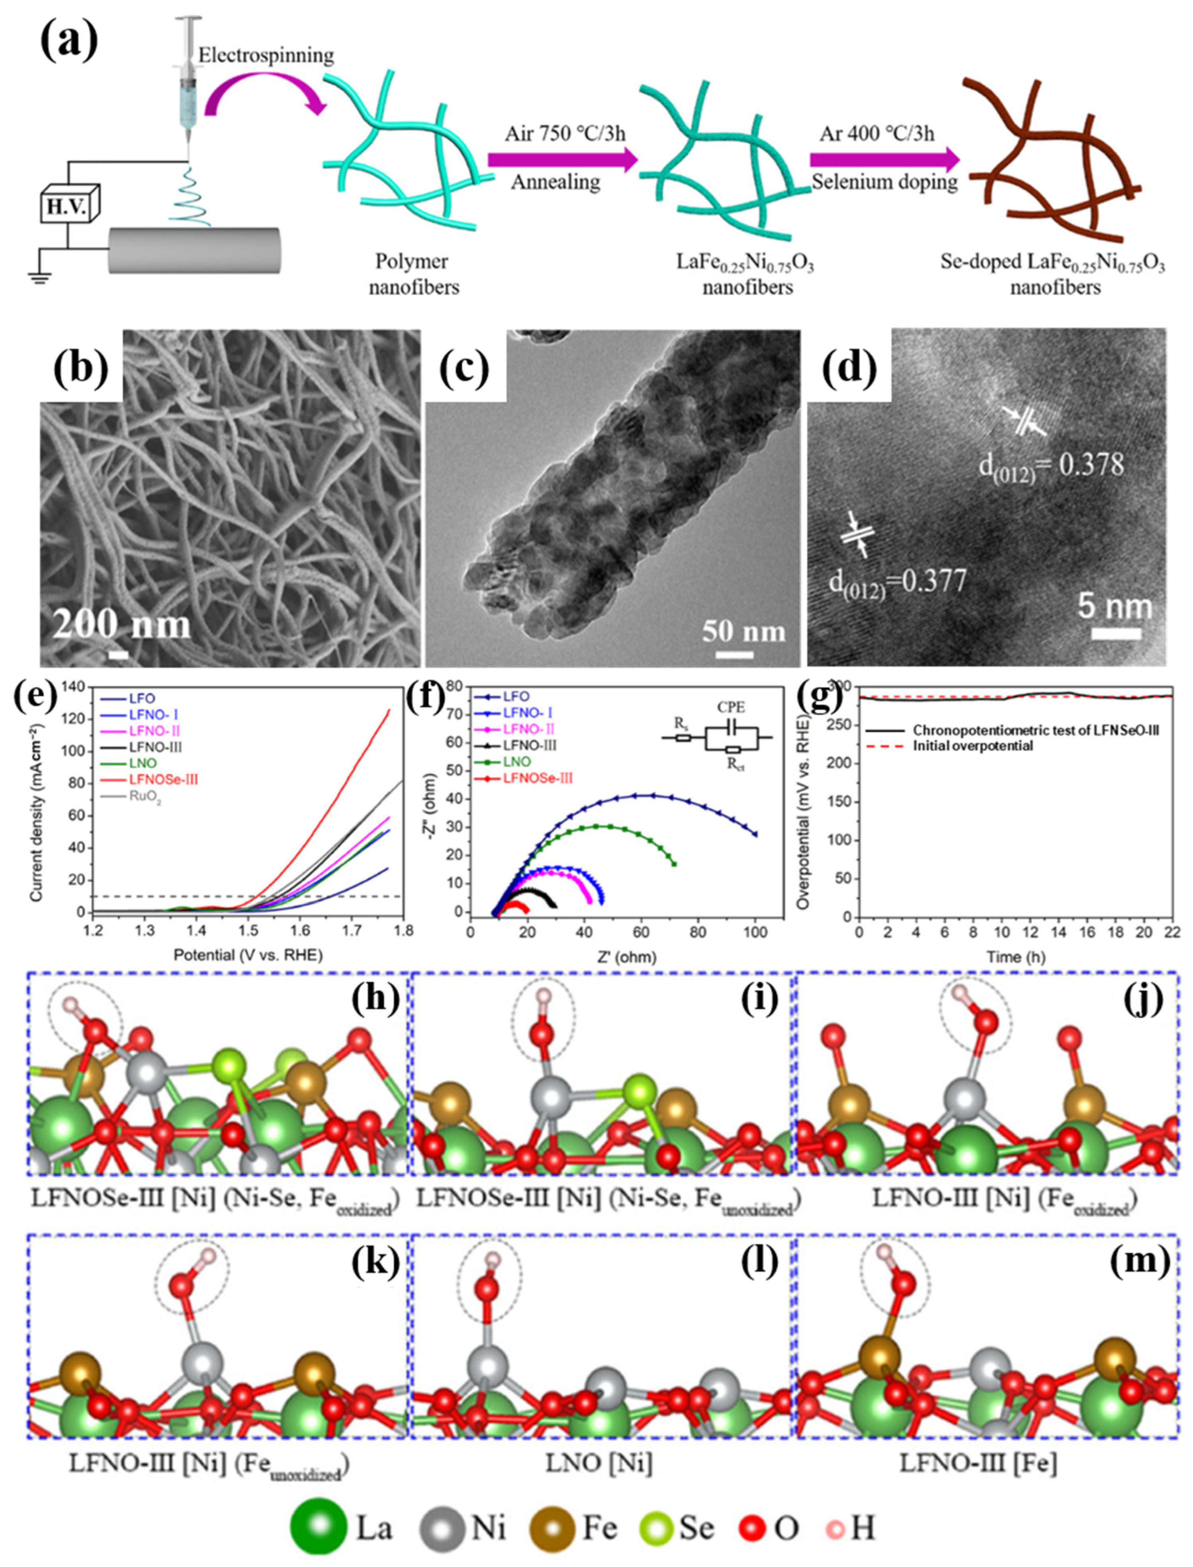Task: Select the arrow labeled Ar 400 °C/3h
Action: pyautogui.click(x=884, y=160)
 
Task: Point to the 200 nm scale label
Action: pyautogui.click(x=122, y=624)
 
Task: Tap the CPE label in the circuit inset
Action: pyautogui.click(x=731, y=708)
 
